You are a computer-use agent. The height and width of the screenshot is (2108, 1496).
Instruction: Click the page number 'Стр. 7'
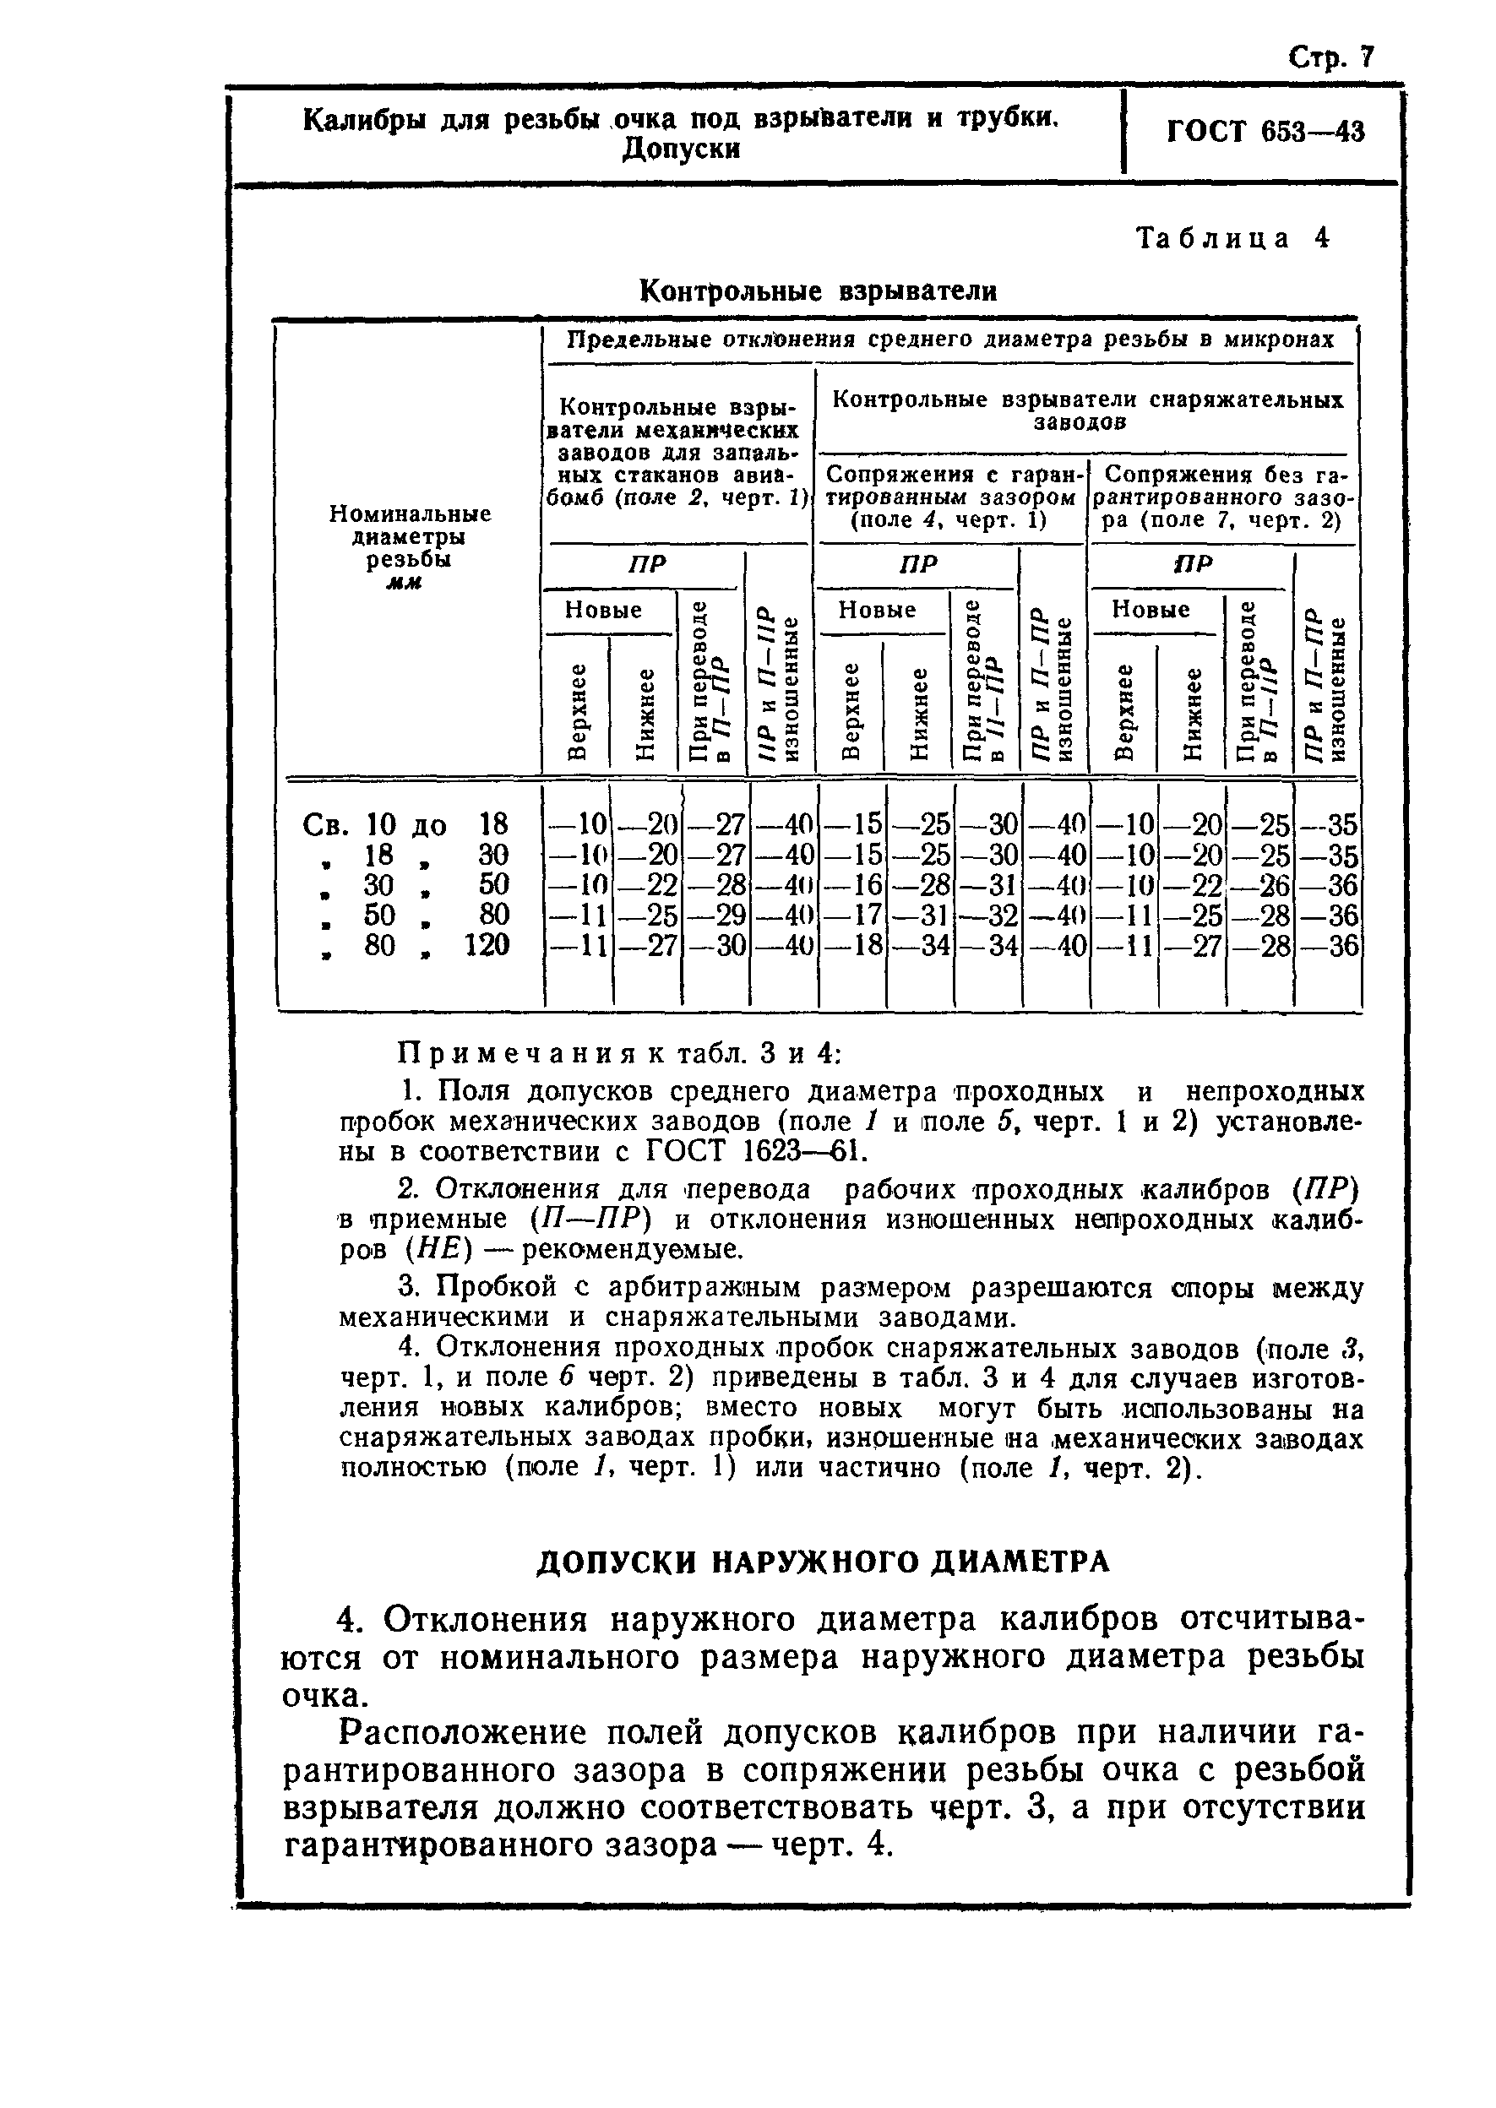(x=1330, y=59)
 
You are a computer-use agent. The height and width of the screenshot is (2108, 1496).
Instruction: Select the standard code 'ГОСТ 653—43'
(x=1265, y=132)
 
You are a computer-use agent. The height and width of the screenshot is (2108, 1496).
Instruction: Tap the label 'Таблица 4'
(x=1232, y=238)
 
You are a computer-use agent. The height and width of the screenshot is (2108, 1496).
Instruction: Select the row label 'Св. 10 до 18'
(x=406, y=824)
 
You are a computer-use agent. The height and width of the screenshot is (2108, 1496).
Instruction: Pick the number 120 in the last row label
(x=486, y=946)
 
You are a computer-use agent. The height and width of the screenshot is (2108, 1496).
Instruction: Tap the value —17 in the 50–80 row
(x=852, y=915)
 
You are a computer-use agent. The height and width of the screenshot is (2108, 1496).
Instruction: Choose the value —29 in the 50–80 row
(x=715, y=915)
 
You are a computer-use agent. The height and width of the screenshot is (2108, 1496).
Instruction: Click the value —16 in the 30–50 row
(x=852, y=885)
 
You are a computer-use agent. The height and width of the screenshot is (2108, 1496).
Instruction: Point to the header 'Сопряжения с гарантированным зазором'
(x=949, y=497)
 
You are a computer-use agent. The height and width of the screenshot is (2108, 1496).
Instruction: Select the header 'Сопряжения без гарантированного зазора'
(x=1222, y=497)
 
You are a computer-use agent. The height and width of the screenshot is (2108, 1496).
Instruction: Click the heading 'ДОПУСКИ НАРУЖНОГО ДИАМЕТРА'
(x=823, y=1562)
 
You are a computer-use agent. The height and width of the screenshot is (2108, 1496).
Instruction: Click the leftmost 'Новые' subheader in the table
(x=602, y=611)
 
